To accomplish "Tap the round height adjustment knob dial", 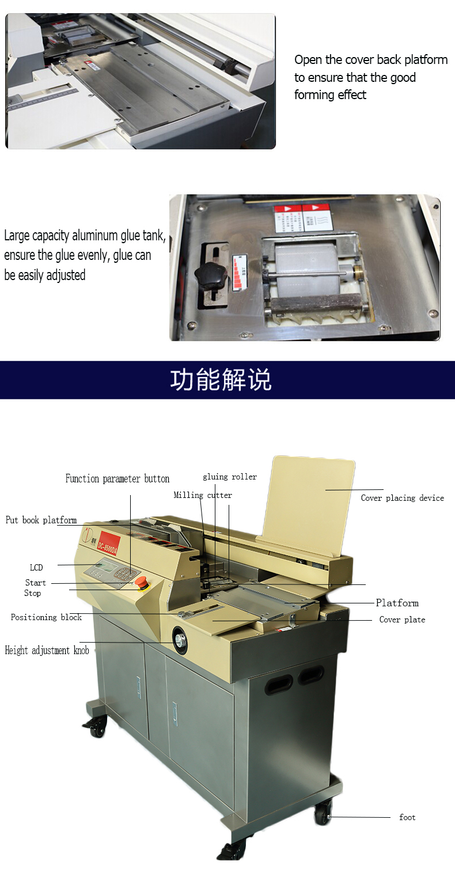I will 180,639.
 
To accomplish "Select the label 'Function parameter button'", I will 117,479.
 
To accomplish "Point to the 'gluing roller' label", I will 230,477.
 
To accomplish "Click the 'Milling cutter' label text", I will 203,495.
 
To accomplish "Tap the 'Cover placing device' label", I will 402,498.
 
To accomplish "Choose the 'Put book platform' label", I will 41,520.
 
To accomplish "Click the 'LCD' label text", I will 36,568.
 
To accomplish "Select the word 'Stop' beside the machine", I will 33,593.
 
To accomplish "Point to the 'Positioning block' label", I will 46,617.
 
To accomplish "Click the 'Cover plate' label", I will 402,620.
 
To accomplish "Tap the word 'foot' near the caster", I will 407,817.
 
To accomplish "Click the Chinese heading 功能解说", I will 221,380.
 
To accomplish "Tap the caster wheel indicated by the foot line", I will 323,815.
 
